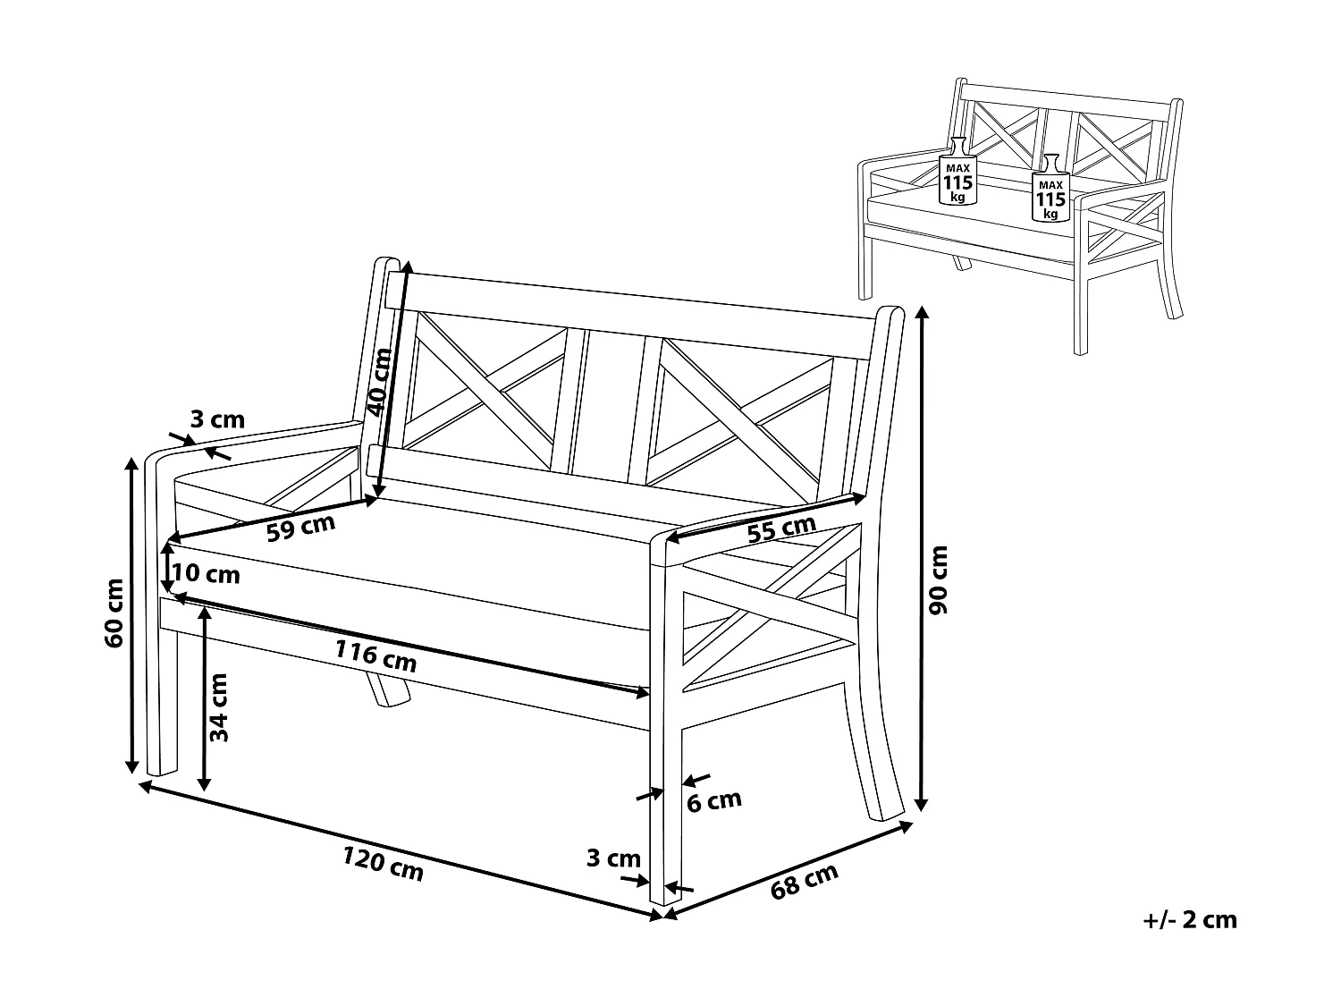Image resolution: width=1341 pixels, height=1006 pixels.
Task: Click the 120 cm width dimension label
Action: click(383, 865)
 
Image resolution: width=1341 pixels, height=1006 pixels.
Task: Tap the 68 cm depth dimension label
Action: click(804, 883)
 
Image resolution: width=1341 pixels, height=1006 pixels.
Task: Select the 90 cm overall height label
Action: click(939, 580)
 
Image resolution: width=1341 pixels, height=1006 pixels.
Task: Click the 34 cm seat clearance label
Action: click(220, 706)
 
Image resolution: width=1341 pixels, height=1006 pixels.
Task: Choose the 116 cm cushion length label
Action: click(375, 656)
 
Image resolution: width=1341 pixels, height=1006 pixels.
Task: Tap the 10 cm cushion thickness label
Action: click(206, 574)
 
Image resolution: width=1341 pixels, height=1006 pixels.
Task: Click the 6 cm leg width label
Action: click(713, 800)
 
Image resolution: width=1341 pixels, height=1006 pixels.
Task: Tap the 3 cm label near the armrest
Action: click(217, 418)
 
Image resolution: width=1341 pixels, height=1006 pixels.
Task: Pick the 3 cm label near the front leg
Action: click(613, 858)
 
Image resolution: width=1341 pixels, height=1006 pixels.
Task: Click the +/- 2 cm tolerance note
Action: click(1190, 919)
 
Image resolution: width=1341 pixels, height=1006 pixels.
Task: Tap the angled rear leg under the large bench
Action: click(386, 690)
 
